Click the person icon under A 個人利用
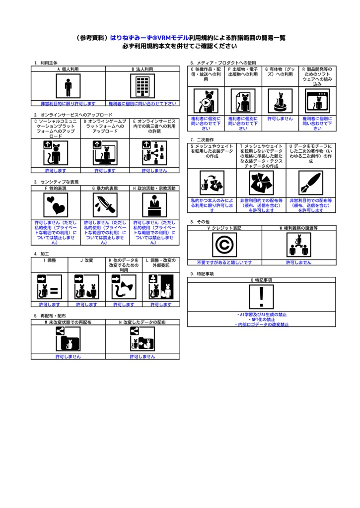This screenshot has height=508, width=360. pos(68,87)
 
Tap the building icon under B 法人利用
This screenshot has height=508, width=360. pos(143,87)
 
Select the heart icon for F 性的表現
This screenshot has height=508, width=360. pos(56,205)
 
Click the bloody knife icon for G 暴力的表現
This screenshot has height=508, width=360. pos(105,205)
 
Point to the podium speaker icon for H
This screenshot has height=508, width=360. pos(154,205)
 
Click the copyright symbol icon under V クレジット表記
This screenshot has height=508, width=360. pos(224,245)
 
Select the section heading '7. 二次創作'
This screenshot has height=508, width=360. pos(199,140)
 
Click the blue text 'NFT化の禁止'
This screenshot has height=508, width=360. pos(262,319)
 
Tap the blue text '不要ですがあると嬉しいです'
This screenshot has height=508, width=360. pos(224,262)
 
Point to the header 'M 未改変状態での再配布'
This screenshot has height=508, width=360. pos(68,322)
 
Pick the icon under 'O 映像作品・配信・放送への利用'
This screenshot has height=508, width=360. pos(206,102)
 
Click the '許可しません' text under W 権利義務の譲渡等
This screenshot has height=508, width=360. pos(298,262)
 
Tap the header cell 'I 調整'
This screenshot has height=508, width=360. pos(50,260)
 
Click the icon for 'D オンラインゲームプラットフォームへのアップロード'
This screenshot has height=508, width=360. pos(105,152)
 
